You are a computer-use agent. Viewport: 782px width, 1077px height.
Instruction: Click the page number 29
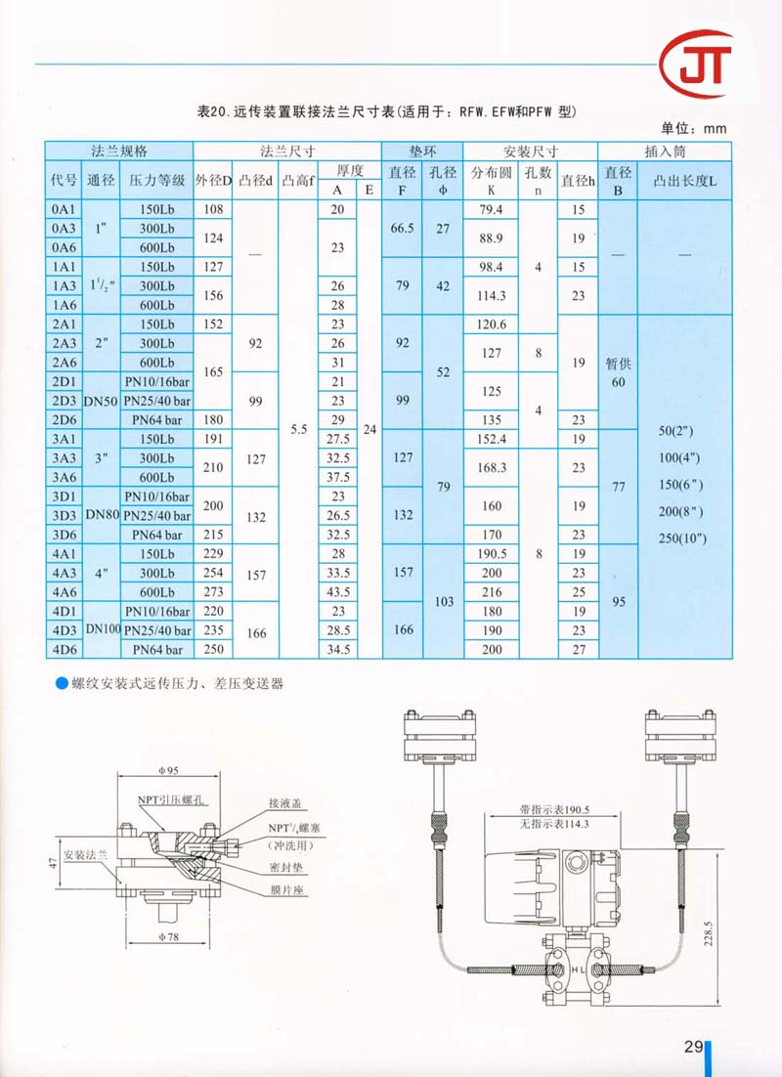coord(693,1047)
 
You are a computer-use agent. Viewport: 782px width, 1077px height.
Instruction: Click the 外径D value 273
coord(212,592)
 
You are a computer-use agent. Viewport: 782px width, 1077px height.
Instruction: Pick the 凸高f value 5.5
coord(298,429)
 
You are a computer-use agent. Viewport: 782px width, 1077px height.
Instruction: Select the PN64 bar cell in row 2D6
coord(155,420)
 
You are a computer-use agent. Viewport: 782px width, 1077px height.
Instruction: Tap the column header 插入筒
coord(664,151)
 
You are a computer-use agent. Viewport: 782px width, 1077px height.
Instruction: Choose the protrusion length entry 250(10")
coord(681,538)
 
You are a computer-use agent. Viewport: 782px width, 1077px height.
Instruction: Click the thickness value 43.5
coord(338,592)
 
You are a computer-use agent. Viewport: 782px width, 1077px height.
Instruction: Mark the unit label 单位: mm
coord(694,128)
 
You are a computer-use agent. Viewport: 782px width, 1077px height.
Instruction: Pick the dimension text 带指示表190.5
coord(558,809)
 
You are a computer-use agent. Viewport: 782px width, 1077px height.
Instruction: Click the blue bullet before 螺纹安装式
coord(61,684)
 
